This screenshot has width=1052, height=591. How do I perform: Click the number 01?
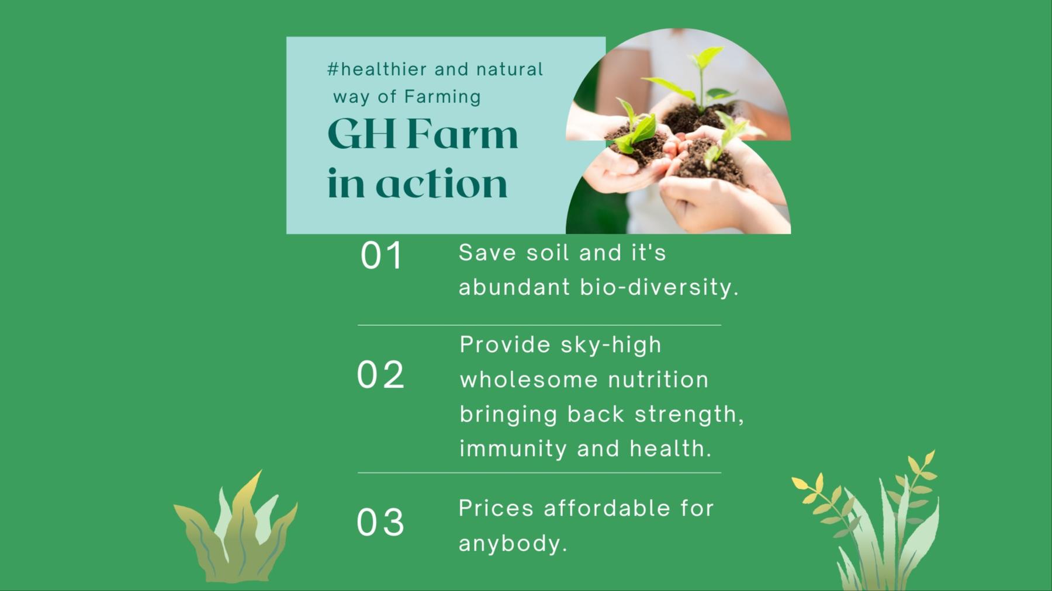coord(381,256)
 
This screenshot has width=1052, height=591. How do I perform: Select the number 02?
coord(380,375)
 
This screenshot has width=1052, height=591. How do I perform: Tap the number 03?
coord(380,522)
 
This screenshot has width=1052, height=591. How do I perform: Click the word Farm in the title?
coord(462,134)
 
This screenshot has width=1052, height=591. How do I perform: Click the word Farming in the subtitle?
coord(442,97)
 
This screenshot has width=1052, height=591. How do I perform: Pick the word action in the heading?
coord(441,184)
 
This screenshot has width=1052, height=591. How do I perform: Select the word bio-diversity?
coord(659,287)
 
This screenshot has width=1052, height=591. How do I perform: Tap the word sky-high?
coord(611,345)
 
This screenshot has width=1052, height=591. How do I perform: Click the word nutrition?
coord(658,380)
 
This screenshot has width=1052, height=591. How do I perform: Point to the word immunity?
coord(513,449)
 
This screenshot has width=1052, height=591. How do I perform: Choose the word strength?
coord(688,415)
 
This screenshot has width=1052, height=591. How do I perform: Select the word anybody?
coord(513,544)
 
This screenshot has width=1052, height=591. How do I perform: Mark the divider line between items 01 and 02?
coord(539,325)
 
